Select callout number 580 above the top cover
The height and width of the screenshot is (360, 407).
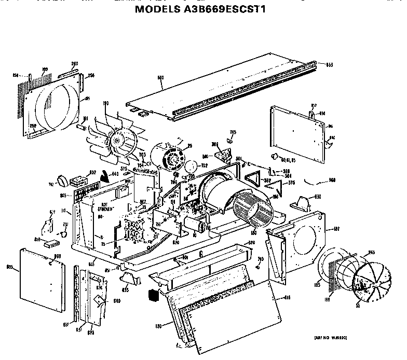click(160, 78)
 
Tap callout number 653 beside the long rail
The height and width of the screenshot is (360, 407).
click(329, 65)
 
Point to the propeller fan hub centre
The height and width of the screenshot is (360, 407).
click(119, 140)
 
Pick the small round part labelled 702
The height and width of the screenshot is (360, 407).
click(191, 167)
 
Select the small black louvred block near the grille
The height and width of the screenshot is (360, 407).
click(152, 295)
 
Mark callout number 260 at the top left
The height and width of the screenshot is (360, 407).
click(74, 64)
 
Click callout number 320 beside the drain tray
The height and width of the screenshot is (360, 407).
click(251, 242)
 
